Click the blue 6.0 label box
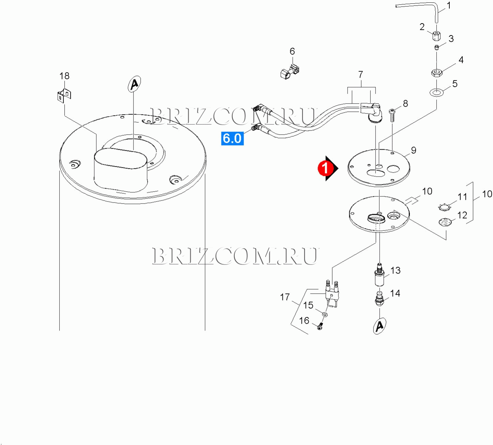[232, 138]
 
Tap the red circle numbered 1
[325, 168]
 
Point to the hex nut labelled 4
[436, 72]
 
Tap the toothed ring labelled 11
[444, 207]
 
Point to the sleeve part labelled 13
[379, 277]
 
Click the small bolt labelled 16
[320, 326]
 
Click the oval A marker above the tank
[135, 84]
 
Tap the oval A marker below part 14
[379, 326]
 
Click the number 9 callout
[413, 150]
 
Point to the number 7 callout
[360, 74]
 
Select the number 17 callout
[285, 297]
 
